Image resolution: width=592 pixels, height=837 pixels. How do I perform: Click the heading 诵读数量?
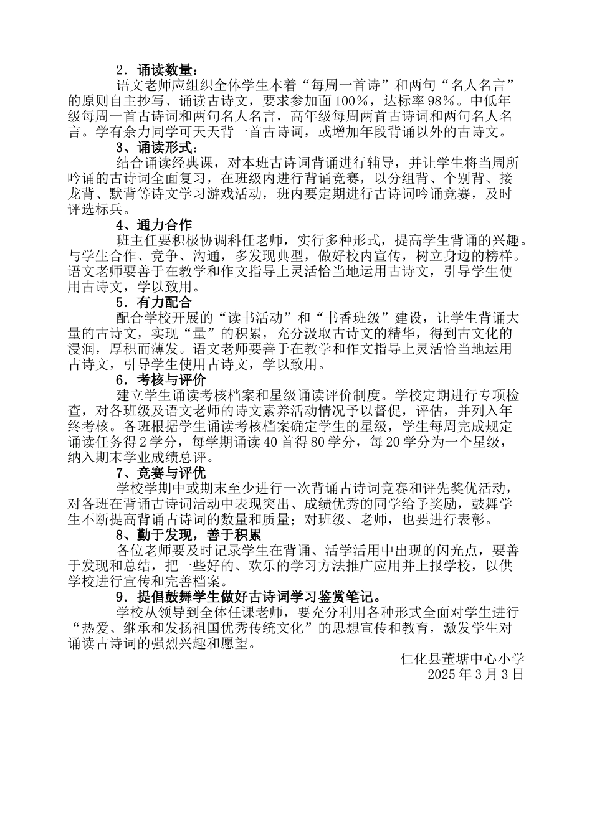[x=168, y=70]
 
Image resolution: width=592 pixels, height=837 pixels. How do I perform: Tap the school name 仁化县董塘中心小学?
[x=463, y=659]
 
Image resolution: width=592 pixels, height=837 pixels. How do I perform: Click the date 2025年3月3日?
[x=477, y=674]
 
